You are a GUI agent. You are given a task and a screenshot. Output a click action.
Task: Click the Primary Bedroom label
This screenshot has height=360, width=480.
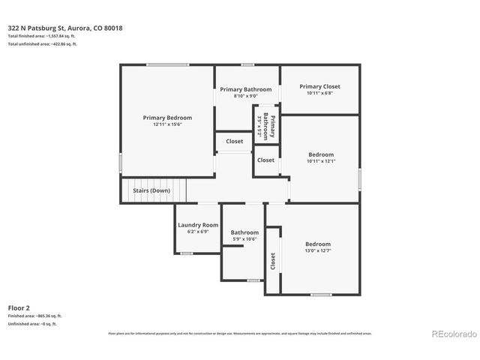pos(167,118)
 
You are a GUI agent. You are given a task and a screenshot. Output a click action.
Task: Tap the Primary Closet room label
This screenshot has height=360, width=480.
pos(319,86)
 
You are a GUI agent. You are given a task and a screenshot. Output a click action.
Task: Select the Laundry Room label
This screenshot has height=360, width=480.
pos(198,225)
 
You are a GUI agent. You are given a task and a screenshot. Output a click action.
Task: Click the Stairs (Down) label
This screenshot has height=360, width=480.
pos(151,190)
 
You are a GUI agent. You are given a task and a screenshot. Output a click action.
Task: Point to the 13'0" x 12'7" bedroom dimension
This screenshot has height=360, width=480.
pos(317,251)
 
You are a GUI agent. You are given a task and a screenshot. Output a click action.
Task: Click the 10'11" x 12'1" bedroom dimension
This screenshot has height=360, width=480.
pos(321,161)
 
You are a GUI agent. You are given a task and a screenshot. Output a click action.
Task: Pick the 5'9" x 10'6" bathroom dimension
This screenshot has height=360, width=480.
pos(244,238)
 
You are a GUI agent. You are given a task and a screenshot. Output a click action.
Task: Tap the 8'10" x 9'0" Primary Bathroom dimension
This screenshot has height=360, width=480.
pos(245,96)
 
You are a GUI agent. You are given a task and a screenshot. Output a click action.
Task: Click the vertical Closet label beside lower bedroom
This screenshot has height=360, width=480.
pos(272,261)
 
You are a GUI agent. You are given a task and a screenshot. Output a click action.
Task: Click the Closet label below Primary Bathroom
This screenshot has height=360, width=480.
pos(234,141)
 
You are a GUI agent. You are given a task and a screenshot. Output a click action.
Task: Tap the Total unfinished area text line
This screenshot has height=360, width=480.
pos(43,44)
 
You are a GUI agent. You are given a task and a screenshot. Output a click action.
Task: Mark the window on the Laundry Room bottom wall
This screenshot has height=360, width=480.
pos(187,253)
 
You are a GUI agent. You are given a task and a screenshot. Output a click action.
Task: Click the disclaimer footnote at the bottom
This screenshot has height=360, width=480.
pos(240,333)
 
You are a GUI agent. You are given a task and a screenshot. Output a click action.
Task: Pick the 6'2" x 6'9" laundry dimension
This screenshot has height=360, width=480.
pos(198,232)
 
